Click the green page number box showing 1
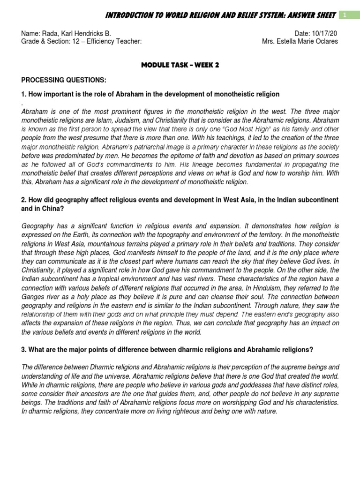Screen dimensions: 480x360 [345, 15]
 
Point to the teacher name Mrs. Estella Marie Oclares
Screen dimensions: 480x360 [300, 41]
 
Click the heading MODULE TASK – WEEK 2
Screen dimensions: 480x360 [180, 65]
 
